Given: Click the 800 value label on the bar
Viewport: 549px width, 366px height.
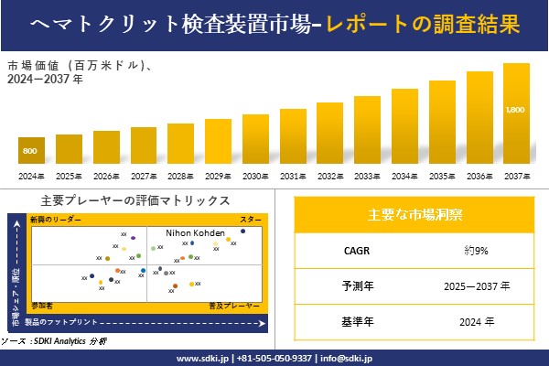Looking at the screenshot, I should pos(30,151).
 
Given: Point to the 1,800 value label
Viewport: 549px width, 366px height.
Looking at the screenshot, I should pos(516,110).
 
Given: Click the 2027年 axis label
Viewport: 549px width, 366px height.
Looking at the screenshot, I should pos(144,176).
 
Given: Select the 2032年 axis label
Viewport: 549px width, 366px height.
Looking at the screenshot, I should pos(330,176).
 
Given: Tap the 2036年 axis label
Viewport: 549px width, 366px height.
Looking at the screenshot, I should pos(479,176).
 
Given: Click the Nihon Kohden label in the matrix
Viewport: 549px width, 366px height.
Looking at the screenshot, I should pos(196,233).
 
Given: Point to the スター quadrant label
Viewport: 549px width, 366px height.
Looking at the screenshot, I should pos(251,221).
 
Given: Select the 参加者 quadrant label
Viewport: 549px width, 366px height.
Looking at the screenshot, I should pos(41,302).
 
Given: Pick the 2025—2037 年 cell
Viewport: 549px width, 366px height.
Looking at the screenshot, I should pos(474,285).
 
